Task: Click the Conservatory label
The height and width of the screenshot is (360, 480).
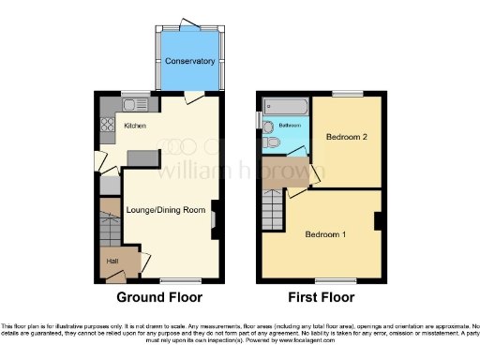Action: click(x=190, y=62)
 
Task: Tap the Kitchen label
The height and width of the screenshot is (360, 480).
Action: click(x=135, y=126)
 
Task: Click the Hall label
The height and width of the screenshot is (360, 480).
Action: click(x=112, y=261)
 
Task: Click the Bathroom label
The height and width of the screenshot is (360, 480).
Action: click(x=288, y=126)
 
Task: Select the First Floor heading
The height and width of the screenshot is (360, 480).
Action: click(x=320, y=298)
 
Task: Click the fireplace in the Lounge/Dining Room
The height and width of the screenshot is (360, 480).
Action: click(x=214, y=218)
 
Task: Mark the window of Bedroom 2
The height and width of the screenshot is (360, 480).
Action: click(x=348, y=93)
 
